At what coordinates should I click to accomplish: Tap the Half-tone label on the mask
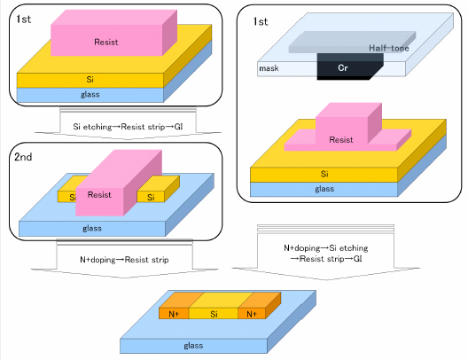point(388,48)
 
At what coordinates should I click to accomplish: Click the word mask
point(269,68)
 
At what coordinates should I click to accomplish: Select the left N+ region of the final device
point(174,314)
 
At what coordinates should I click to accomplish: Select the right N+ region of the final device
point(252,314)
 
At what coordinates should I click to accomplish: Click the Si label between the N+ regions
point(214,314)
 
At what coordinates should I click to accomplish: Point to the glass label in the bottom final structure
point(193,346)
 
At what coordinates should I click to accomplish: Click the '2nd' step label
point(23,157)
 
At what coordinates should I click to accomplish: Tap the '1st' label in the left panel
point(24,20)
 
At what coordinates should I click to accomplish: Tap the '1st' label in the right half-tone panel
point(261,21)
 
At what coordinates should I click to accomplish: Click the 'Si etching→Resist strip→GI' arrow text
point(128,127)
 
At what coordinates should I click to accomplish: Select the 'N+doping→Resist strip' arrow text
point(124,260)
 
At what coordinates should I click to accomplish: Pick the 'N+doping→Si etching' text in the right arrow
point(326,248)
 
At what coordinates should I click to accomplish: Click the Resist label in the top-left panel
point(106,42)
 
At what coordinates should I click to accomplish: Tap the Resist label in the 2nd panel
point(99,195)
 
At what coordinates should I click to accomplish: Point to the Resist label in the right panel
point(341,140)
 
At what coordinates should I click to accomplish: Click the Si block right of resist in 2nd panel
point(158,191)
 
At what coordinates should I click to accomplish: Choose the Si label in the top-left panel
point(90,80)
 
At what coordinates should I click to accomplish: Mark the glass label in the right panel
point(324,189)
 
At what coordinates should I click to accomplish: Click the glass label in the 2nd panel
point(92,229)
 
